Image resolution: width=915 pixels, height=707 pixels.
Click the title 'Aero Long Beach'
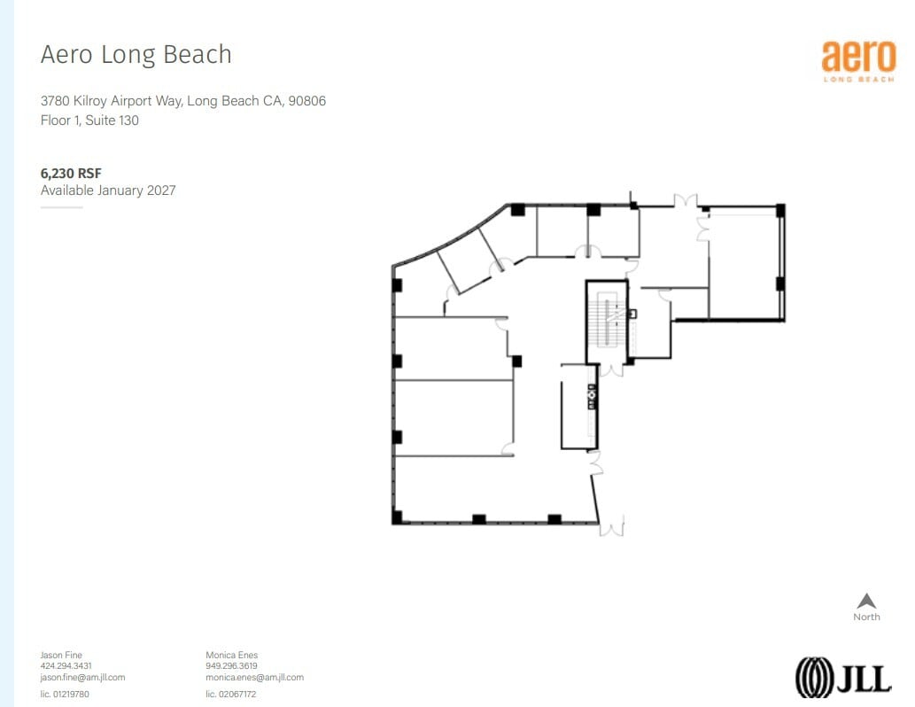[136, 55]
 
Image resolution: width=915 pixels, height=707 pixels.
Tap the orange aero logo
[857, 60]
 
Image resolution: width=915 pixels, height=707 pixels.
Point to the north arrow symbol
[866, 601]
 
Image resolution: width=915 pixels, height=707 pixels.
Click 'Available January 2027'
[108, 190]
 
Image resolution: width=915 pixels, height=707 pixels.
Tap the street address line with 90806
[183, 101]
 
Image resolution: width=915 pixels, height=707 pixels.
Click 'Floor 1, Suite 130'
[89, 120]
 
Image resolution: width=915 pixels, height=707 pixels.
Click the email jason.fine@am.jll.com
[82, 677]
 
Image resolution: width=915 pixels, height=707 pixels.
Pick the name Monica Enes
[231, 656]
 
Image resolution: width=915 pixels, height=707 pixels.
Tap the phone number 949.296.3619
[231, 666]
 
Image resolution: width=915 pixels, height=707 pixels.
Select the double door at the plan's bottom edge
[611, 527]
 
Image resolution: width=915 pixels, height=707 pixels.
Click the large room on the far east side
[745, 262]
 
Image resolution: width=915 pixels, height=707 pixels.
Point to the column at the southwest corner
[398, 517]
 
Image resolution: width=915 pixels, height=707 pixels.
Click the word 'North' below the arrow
[866, 618]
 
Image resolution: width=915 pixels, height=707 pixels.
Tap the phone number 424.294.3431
[66, 666]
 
